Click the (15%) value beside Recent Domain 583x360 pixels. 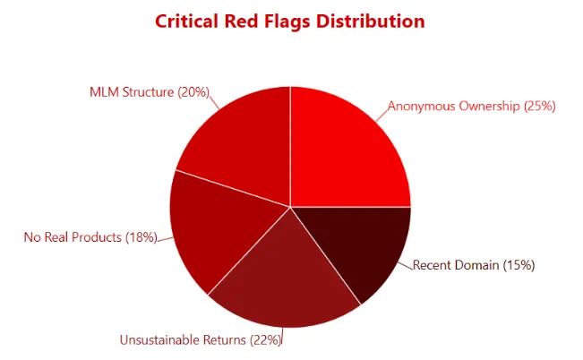519,265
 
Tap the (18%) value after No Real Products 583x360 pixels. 141,237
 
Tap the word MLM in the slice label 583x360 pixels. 103,91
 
